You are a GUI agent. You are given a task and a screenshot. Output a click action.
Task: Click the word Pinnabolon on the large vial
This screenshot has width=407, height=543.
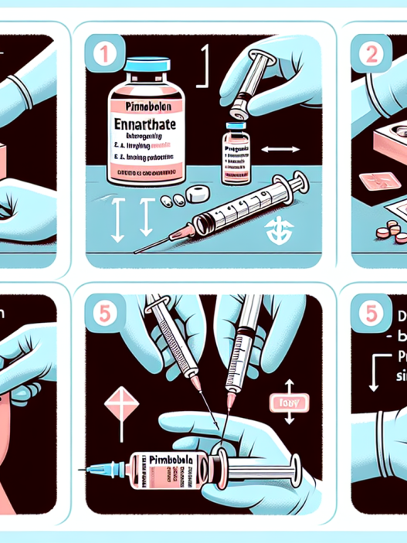point(145,103)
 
